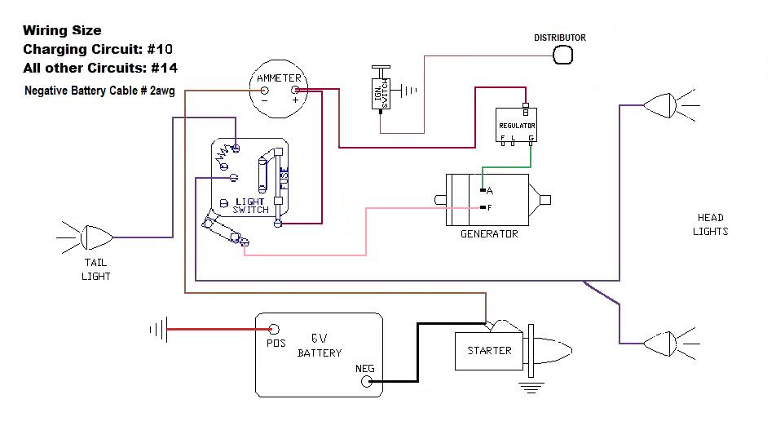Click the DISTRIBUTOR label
560,38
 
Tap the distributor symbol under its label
562,55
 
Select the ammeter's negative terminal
265,91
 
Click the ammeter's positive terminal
295,91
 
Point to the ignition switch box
381,93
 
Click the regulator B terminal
526,105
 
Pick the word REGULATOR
517,126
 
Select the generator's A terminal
483,190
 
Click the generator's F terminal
483,207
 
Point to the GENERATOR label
489,234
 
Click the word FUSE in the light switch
284,179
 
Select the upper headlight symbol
659,105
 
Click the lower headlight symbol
659,344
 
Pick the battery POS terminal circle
274,329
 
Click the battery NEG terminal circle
367,382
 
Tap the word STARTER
489,351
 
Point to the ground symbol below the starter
531,388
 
